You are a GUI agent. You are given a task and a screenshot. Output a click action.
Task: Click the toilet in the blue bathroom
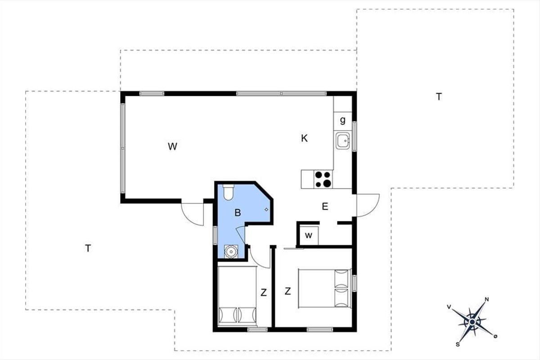[x=228, y=192]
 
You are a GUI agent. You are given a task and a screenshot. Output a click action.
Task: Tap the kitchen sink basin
[x=342, y=140]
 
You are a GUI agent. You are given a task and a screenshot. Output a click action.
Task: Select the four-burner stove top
[x=323, y=180]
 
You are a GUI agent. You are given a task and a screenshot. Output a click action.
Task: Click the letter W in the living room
[x=173, y=146]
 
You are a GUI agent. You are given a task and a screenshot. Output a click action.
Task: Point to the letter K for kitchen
[x=304, y=139]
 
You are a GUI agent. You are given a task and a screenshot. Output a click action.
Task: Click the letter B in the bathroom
[x=238, y=213]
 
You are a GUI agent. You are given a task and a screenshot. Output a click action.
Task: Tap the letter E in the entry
[x=325, y=207]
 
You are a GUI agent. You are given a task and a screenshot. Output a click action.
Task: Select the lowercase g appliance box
[x=342, y=121]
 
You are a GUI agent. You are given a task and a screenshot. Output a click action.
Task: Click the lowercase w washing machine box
[x=309, y=235]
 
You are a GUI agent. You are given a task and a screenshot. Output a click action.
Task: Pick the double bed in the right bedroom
[x=324, y=288]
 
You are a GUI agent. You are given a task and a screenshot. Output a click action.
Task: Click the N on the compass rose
[x=487, y=300]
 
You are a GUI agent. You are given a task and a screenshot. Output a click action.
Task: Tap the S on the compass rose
[x=458, y=345]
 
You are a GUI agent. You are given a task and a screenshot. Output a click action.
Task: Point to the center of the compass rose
[x=472, y=322]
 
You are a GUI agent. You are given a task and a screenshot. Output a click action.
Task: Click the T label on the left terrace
[x=88, y=248]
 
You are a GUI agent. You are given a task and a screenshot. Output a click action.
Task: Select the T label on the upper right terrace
[x=439, y=97]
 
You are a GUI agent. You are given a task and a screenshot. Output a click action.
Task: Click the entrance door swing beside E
[x=368, y=205]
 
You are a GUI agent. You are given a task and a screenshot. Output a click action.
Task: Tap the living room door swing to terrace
[x=193, y=214]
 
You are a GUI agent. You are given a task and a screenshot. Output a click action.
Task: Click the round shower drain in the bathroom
[x=231, y=252]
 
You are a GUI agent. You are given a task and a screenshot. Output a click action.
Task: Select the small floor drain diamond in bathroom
[x=266, y=210]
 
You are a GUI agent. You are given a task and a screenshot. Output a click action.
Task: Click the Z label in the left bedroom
[x=264, y=292]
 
